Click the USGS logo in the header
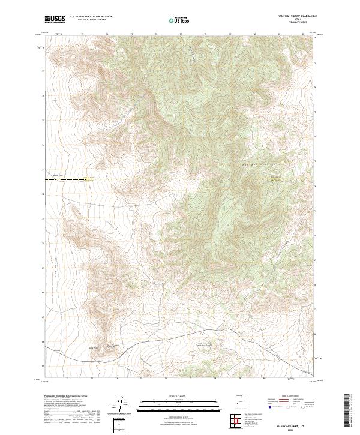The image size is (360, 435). [55, 19]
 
